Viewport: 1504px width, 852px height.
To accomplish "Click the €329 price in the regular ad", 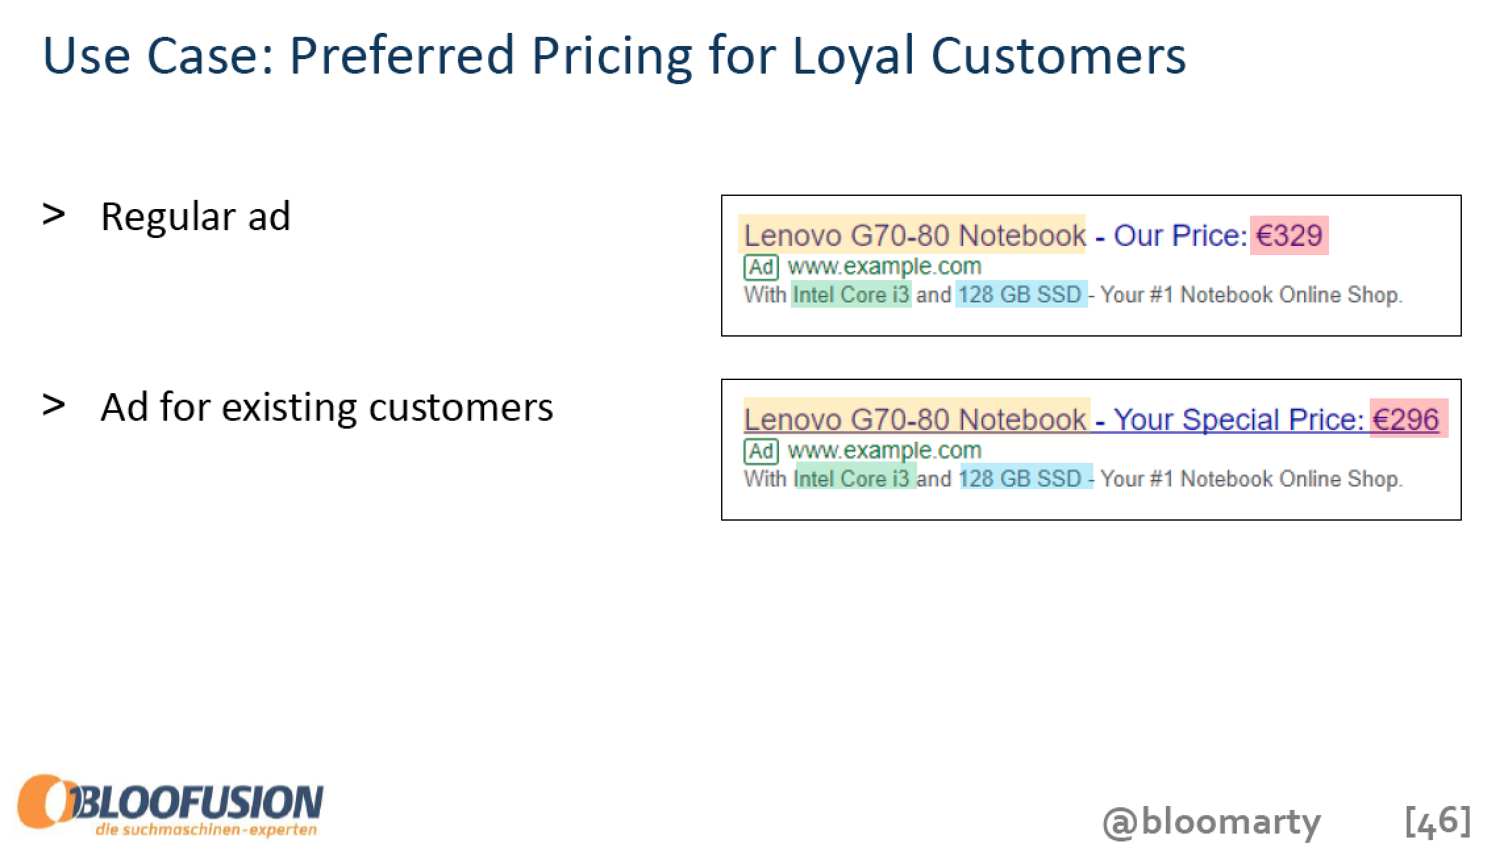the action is pyautogui.click(x=1289, y=235).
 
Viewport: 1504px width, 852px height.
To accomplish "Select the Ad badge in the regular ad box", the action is pyautogui.click(x=761, y=267).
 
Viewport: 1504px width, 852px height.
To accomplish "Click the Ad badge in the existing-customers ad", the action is pyautogui.click(x=761, y=451).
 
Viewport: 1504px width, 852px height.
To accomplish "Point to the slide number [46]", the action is pyautogui.click(x=1438, y=821).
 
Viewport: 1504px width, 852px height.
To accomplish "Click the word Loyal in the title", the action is pyautogui.click(x=853, y=55).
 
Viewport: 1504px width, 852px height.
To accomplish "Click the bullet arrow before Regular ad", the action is pyautogui.click(x=53, y=214).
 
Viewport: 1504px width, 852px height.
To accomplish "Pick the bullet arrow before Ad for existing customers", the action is pyautogui.click(x=53, y=405).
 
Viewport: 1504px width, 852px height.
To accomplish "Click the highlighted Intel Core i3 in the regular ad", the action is pyautogui.click(x=851, y=295).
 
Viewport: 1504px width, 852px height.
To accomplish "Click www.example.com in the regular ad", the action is pyautogui.click(x=884, y=266).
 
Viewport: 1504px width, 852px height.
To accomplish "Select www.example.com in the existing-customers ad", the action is pyautogui.click(x=884, y=450).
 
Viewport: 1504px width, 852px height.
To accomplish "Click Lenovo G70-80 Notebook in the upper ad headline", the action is pyautogui.click(x=915, y=235).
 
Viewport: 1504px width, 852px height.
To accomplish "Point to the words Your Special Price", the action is pyautogui.click(x=1239, y=419).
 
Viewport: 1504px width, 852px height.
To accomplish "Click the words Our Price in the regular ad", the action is pyautogui.click(x=1180, y=235).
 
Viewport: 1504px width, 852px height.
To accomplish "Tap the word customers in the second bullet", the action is pyautogui.click(x=461, y=408).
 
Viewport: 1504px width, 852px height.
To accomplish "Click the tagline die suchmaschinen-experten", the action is pyautogui.click(x=206, y=829).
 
